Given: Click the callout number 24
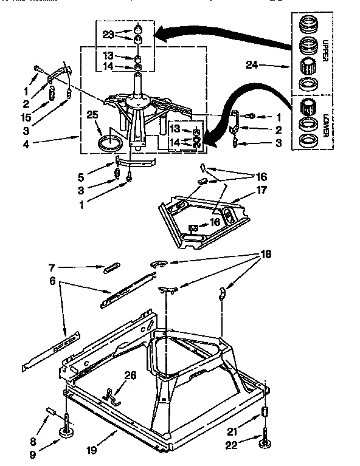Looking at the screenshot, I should pos(254,64).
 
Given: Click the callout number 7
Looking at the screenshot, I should pos(54,266).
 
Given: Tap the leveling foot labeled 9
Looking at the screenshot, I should pos(66,432).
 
